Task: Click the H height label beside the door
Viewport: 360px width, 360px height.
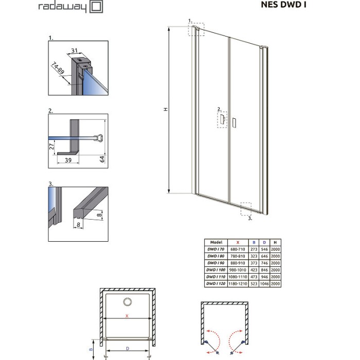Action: coord(165,109)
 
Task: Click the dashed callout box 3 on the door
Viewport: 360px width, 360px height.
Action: coord(246,208)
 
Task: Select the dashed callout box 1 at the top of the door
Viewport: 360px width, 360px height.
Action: coord(196,29)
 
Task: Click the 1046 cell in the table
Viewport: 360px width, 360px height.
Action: coord(264,283)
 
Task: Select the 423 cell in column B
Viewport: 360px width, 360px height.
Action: coord(254,269)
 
